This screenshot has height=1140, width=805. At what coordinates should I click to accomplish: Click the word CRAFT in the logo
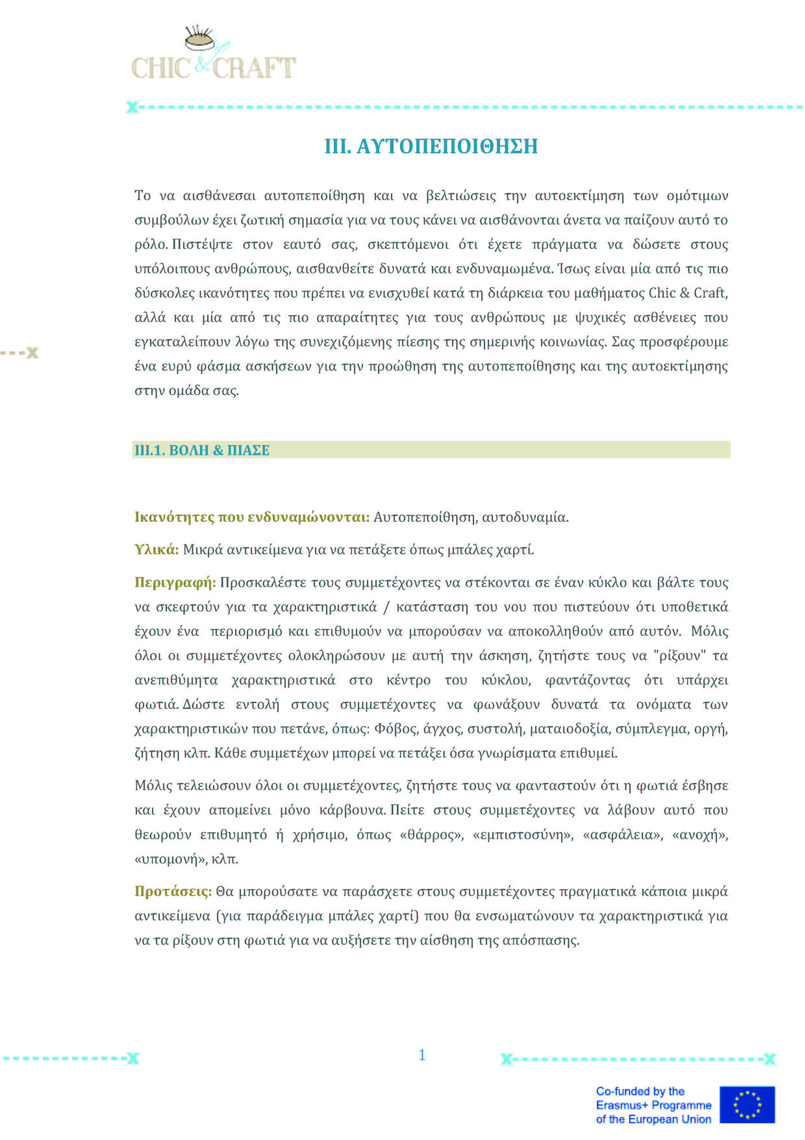[254, 69]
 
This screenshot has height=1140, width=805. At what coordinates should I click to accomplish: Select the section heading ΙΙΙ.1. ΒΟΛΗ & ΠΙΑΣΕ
[202, 450]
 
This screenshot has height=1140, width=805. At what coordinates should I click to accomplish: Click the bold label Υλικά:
[156, 550]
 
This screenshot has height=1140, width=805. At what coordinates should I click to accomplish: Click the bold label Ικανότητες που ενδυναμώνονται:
[252, 517]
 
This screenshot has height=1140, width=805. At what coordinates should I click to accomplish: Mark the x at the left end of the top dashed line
[132, 107]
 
